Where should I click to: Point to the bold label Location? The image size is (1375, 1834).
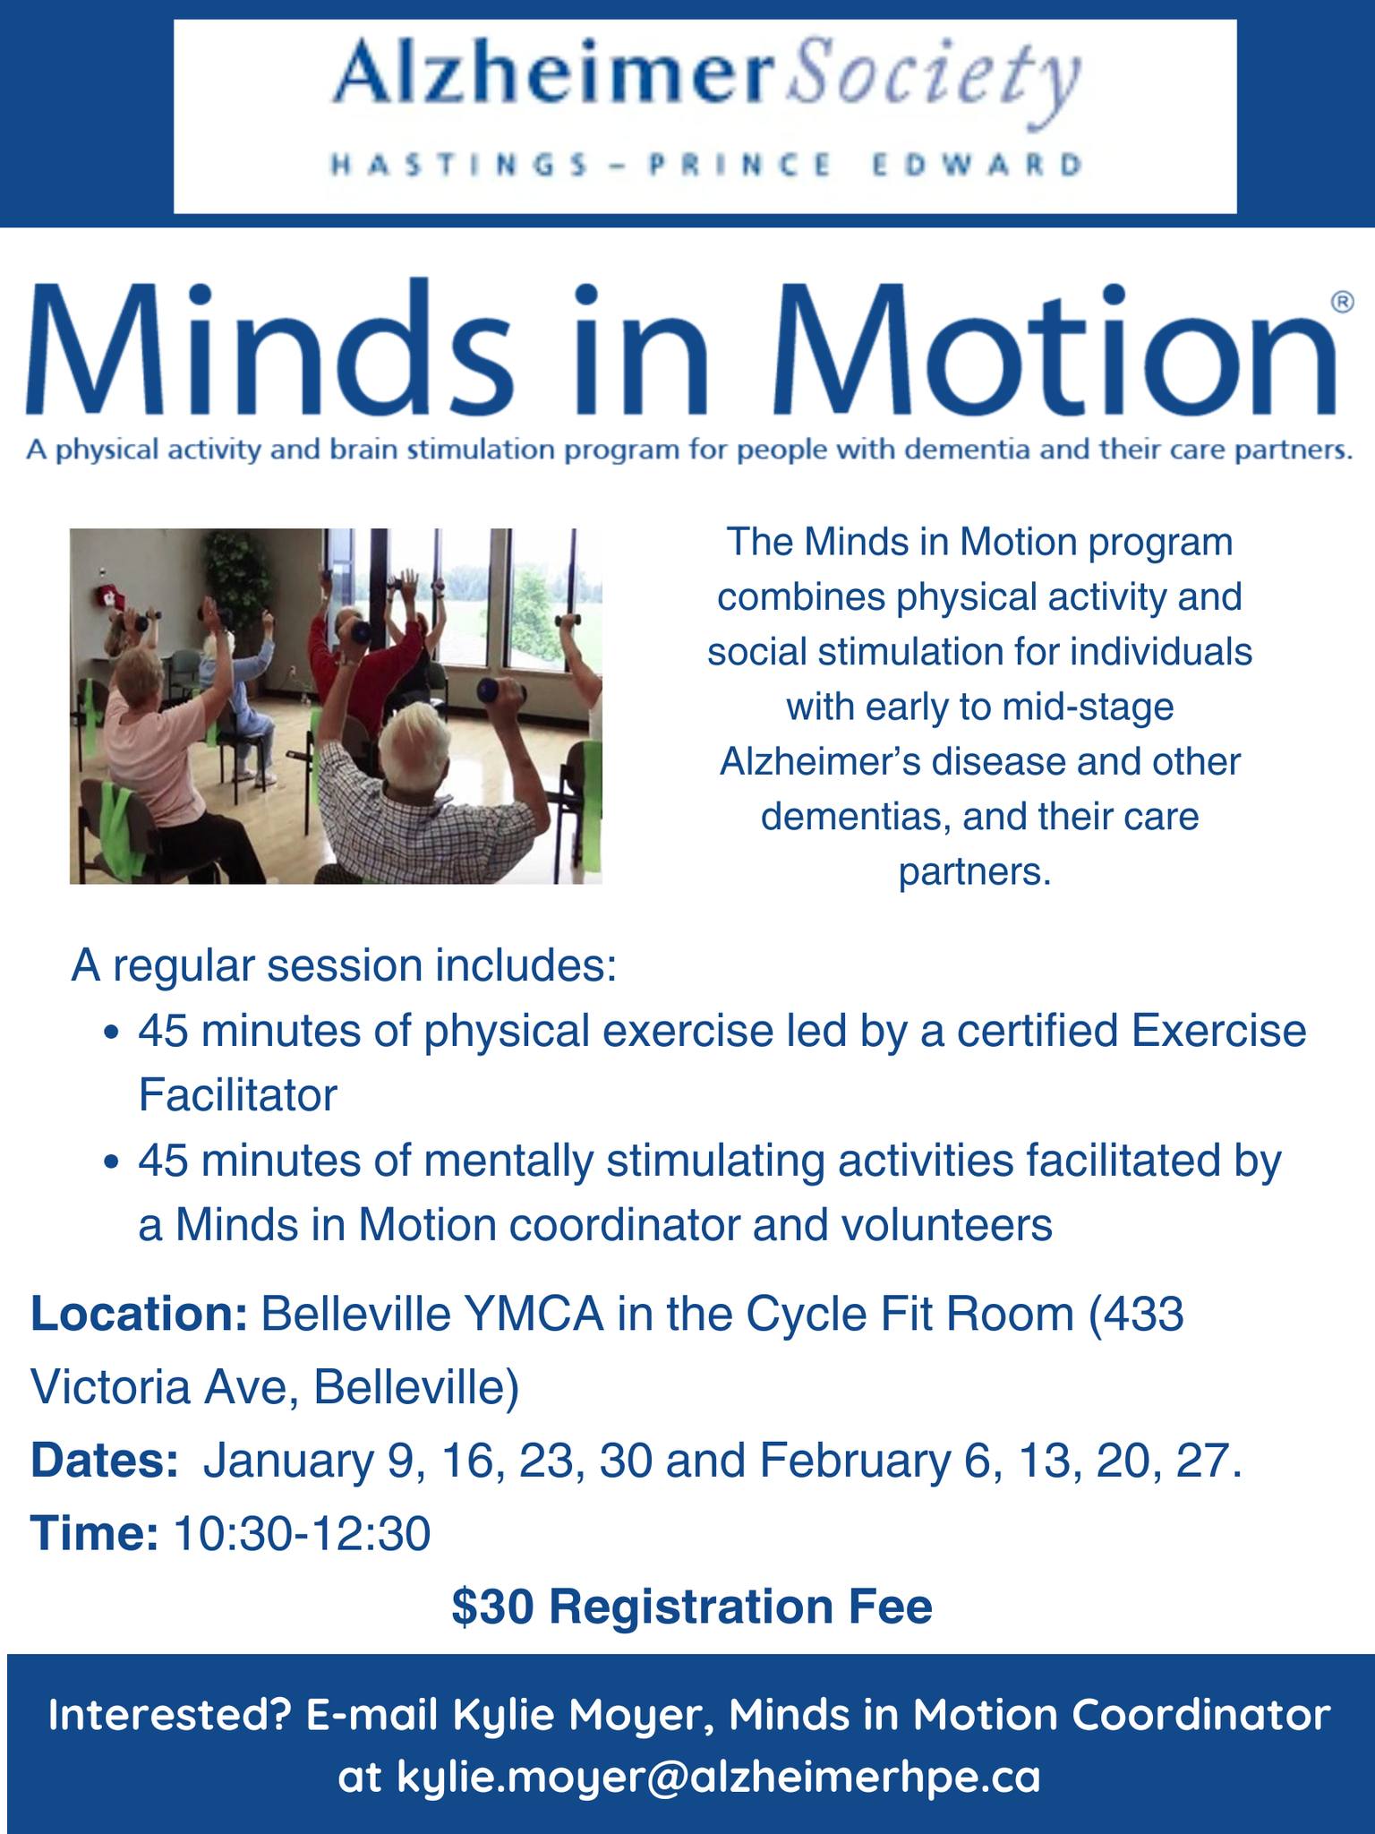tap(139, 1315)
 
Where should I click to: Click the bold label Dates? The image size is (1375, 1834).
tap(105, 1461)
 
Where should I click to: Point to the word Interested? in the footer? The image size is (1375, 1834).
tap(169, 1715)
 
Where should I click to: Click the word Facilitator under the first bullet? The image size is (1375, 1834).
tap(237, 1094)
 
